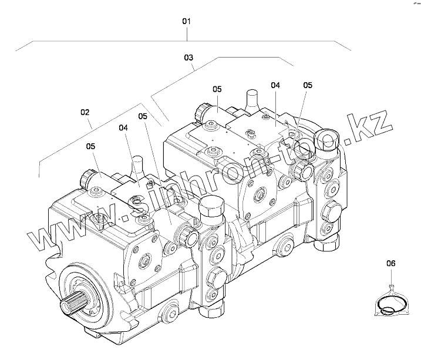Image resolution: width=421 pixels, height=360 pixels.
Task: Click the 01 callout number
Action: pos(187,21)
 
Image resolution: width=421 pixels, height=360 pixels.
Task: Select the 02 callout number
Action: pos(85,112)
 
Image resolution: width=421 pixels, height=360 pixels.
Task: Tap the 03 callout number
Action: pos(188,58)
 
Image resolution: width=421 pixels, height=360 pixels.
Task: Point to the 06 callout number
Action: pos(392,264)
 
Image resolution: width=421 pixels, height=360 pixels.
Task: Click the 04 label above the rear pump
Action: pos(275,85)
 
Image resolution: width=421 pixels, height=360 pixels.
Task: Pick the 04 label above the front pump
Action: pos(123,127)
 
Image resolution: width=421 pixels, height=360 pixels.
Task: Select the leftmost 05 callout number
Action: pos(90,146)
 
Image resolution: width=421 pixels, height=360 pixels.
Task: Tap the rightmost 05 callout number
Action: pos(308,85)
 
